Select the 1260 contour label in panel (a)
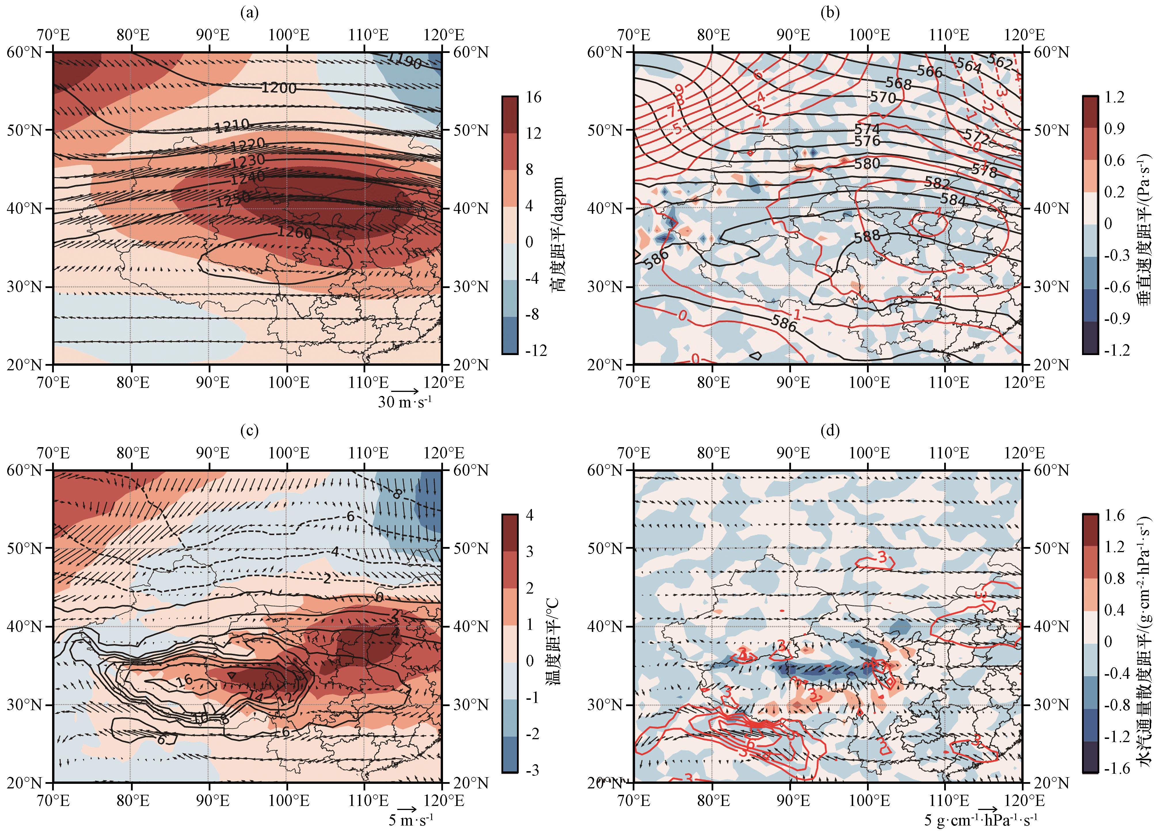(x=294, y=232)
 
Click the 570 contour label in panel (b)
(x=883, y=97)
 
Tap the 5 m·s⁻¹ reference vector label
(x=411, y=820)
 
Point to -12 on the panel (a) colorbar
(x=535, y=350)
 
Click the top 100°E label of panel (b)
(x=870, y=35)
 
